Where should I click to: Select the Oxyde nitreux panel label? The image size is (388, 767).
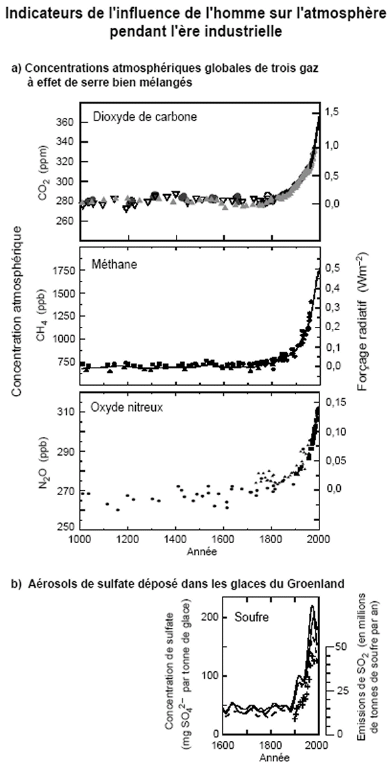point(126,408)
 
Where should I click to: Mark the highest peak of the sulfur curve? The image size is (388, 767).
point(312,606)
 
